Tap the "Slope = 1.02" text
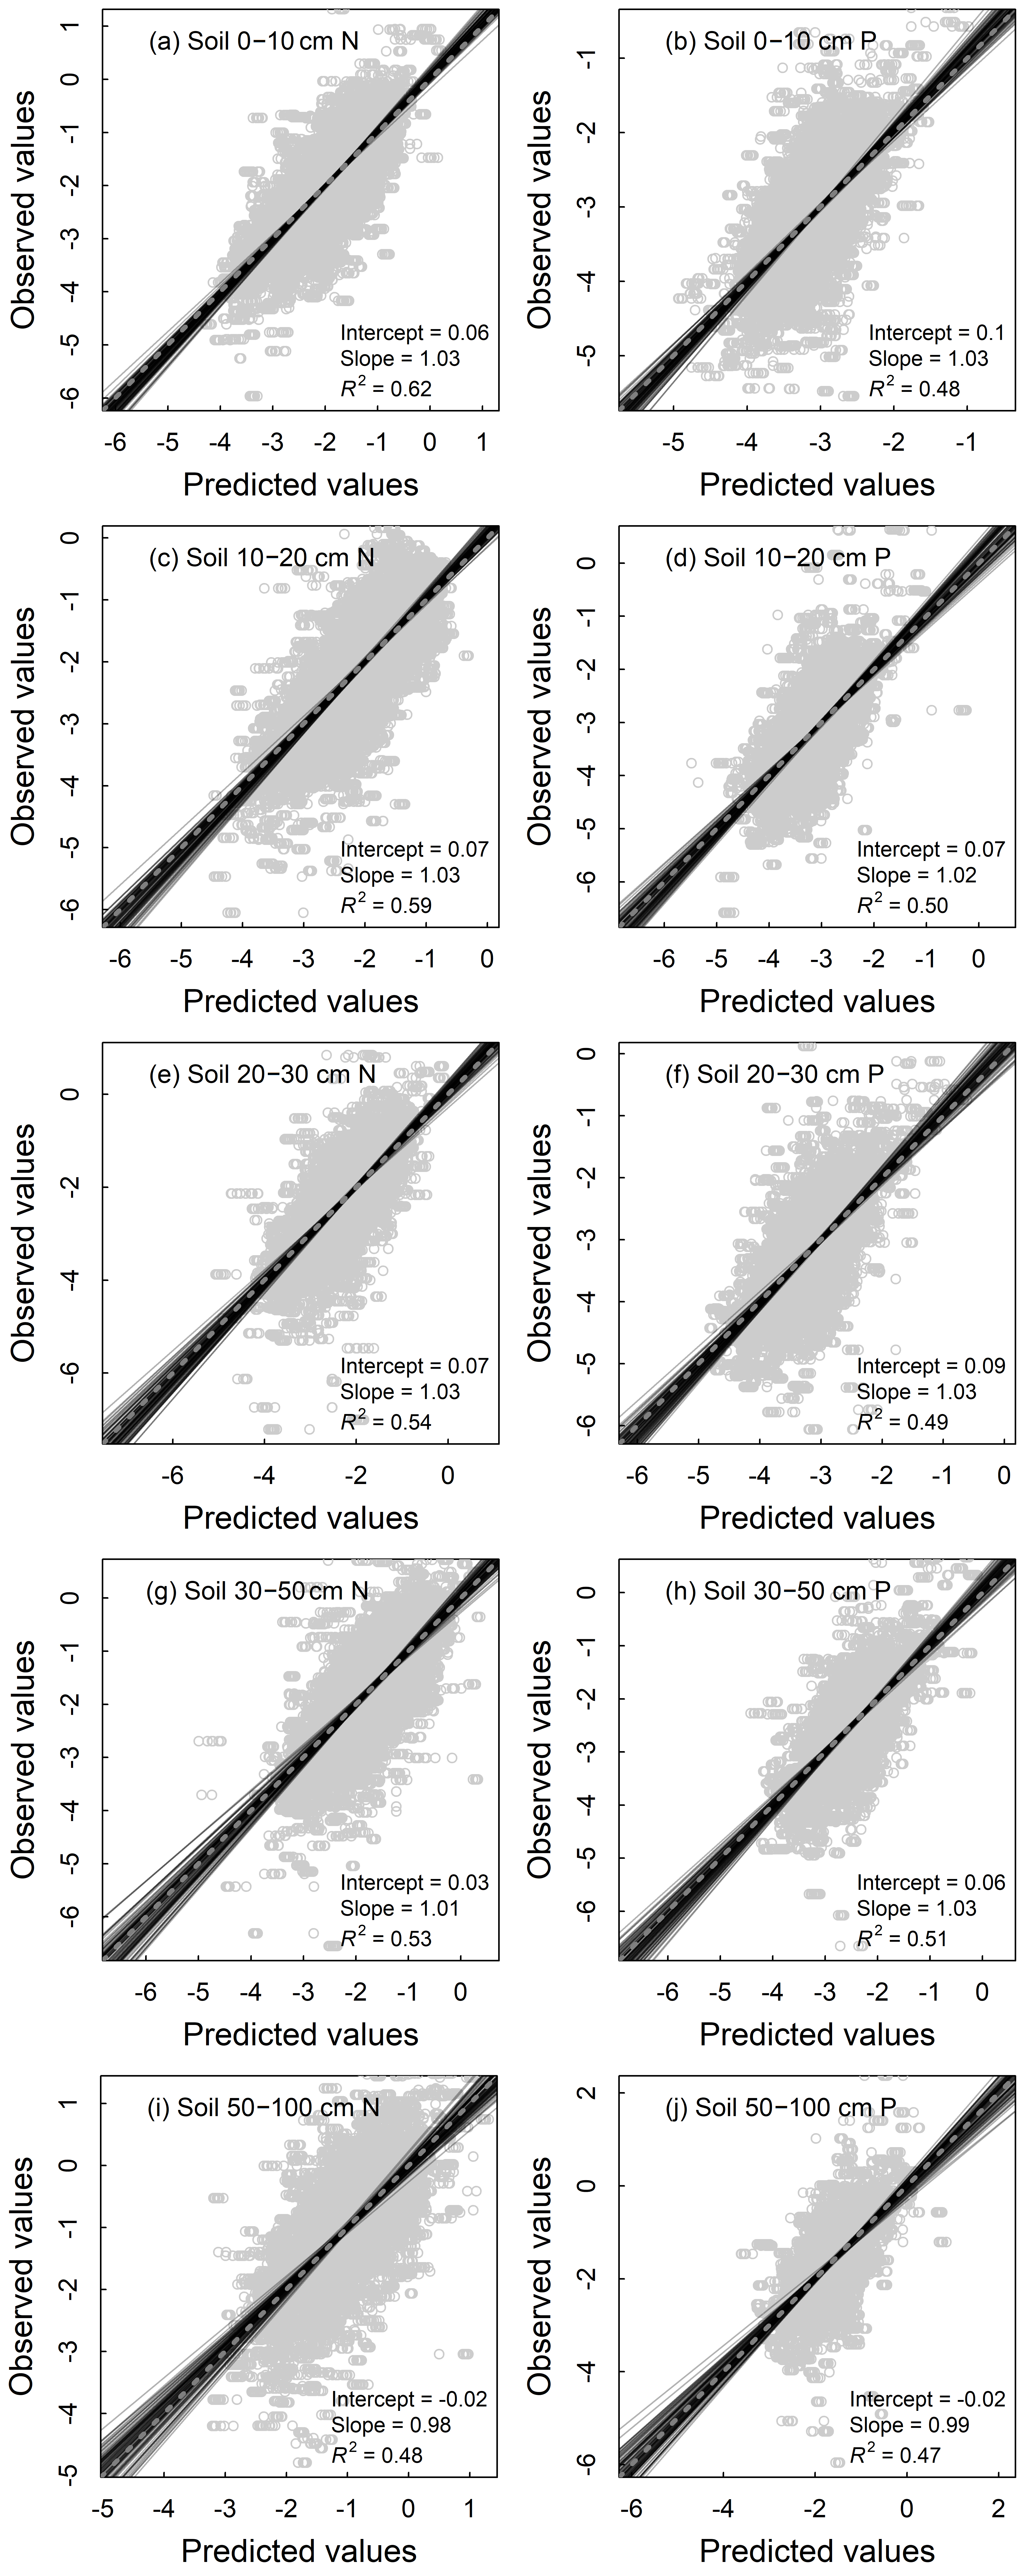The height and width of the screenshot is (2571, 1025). tap(916, 875)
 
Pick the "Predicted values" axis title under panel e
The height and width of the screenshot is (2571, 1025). tap(300, 1518)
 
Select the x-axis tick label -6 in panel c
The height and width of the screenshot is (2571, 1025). tap(120, 959)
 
